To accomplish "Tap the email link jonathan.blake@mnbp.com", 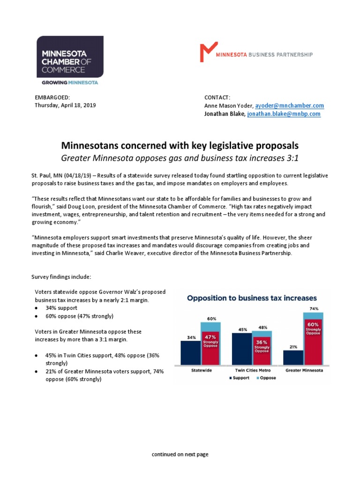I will [284, 114].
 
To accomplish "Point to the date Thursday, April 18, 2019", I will [65, 105].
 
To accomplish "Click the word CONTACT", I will [217, 97].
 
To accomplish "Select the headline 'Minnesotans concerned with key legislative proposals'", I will [180, 145].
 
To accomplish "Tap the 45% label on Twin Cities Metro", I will [242, 329].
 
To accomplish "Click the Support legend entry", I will [240, 378].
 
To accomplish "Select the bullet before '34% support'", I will [37, 308].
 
